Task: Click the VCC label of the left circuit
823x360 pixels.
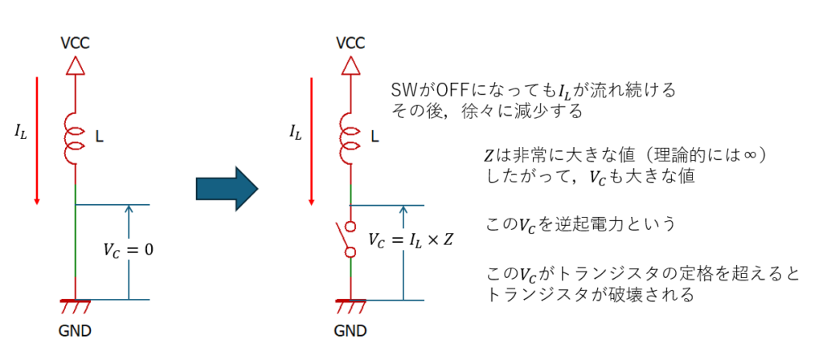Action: [x=75, y=43]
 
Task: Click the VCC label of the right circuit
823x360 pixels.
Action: [x=350, y=43]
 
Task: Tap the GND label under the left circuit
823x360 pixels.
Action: [x=75, y=330]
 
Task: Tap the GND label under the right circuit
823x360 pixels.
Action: [x=350, y=330]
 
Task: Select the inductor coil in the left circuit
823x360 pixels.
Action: [x=74, y=138]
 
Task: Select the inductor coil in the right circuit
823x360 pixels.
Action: [x=350, y=138]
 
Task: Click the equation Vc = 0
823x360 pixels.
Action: [x=128, y=250]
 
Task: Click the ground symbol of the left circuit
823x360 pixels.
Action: [x=74, y=305]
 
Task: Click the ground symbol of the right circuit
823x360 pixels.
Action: [x=350, y=305]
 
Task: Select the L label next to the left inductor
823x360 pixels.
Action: [x=99, y=137]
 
